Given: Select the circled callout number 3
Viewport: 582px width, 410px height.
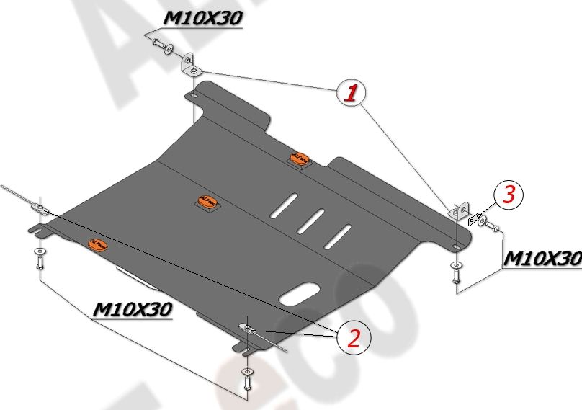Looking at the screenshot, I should [509, 194].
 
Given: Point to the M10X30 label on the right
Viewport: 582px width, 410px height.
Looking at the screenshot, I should [541, 259].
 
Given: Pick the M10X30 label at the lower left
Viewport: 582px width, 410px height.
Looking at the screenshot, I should [133, 309].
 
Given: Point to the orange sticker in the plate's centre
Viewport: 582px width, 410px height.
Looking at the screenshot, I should [207, 204].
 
